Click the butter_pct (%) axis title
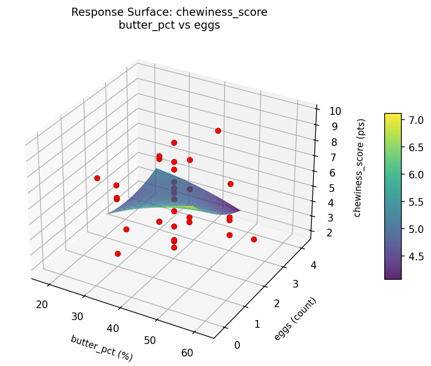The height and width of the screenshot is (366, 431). (x=101, y=348)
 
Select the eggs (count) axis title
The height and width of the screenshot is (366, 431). (x=295, y=319)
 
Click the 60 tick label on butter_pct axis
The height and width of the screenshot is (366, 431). (x=187, y=353)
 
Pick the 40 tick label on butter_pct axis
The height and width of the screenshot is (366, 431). (x=113, y=328)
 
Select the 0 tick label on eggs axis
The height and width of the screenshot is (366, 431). (x=237, y=345)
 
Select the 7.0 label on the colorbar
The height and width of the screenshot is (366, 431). (x=414, y=120)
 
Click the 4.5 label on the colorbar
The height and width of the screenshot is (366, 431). (x=414, y=256)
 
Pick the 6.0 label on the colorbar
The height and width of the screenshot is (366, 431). (x=414, y=175)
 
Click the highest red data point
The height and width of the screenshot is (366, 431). (x=218, y=131)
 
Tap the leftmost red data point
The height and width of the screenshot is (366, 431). (x=97, y=178)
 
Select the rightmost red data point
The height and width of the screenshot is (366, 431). (x=254, y=239)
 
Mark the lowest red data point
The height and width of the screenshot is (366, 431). (x=118, y=254)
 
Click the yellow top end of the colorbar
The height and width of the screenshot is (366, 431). (x=393, y=115)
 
